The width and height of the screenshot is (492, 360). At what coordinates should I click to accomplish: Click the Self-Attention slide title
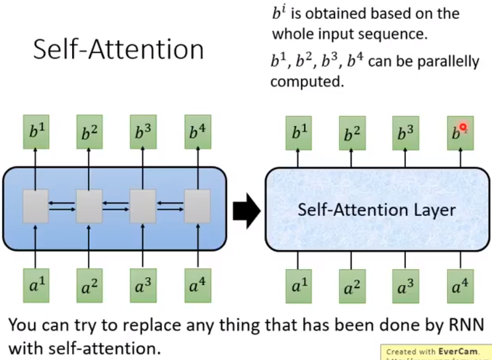point(118,49)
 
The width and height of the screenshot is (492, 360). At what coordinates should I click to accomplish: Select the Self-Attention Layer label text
point(377,211)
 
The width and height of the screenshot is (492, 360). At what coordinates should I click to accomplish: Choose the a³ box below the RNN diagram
point(143,284)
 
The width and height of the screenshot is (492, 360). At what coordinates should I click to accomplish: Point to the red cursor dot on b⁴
point(463,128)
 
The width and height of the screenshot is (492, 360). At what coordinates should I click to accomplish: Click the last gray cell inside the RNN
point(197,206)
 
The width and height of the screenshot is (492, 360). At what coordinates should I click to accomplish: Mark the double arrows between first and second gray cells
point(62,206)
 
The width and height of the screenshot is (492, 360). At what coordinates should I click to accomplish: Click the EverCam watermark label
point(435,351)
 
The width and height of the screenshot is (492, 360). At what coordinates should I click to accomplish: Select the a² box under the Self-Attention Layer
point(351,284)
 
